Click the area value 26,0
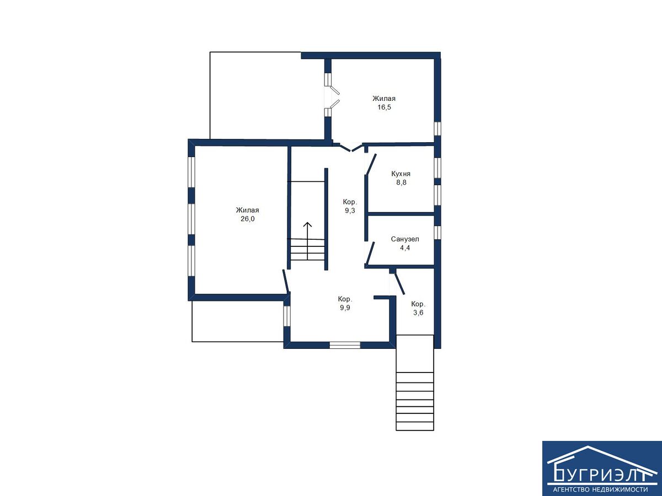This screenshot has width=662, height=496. pyautogui.click(x=247, y=219)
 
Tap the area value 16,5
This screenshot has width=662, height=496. pyautogui.click(x=384, y=107)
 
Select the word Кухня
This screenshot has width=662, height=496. pyautogui.click(x=401, y=174)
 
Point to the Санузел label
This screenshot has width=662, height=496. pyautogui.click(x=405, y=239)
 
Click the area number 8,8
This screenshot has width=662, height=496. pyautogui.click(x=402, y=182)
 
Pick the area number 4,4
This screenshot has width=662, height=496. pyautogui.click(x=405, y=248)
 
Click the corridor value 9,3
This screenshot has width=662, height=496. pyautogui.click(x=350, y=211)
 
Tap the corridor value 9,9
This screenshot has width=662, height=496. pyautogui.click(x=345, y=308)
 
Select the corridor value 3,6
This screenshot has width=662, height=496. pyautogui.click(x=418, y=312)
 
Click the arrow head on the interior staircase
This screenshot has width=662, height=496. pyautogui.click(x=307, y=224)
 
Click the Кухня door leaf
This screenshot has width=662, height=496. pyautogui.click(x=371, y=164)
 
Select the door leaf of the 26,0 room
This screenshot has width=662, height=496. pyautogui.click(x=286, y=281)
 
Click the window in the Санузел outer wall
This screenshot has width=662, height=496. pyautogui.click(x=437, y=233)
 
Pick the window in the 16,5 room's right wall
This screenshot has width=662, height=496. pyautogui.click(x=437, y=129)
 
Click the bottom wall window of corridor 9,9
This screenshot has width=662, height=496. pyautogui.click(x=345, y=345)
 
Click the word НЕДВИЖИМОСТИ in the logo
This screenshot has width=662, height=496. pyautogui.click(x=622, y=490)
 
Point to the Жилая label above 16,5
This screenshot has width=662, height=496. pyautogui.click(x=384, y=99)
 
